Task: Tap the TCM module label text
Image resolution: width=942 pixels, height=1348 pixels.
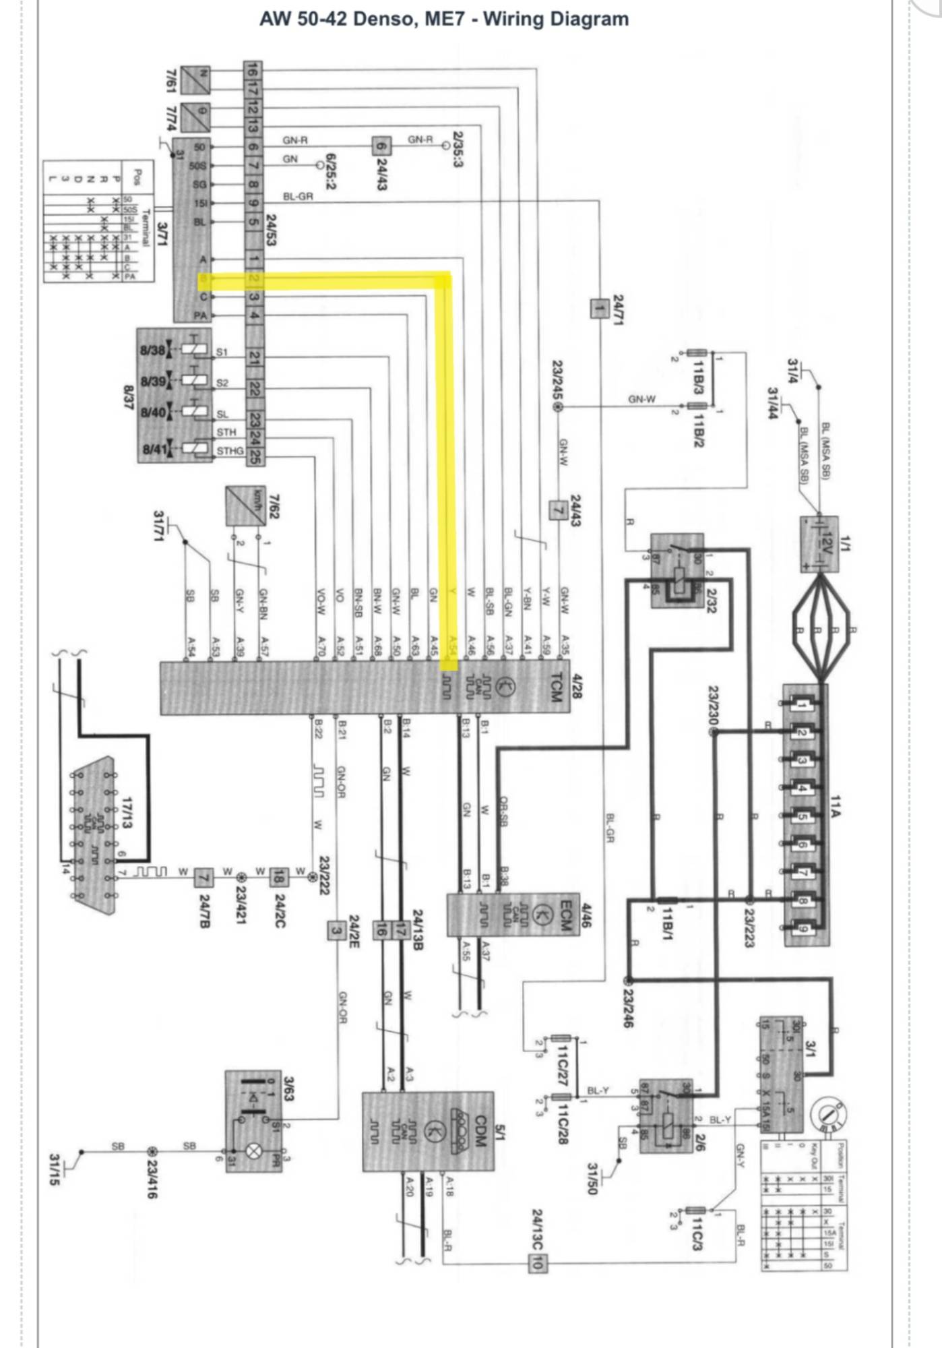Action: tap(555, 687)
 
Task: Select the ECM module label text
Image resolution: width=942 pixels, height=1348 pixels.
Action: tap(565, 915)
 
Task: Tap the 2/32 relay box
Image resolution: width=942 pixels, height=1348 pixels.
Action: tap(677, 570)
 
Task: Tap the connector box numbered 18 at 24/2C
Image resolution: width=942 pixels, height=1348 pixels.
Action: tap(279, 878)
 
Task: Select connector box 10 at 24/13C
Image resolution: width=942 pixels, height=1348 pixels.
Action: tap(537, 1263)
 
